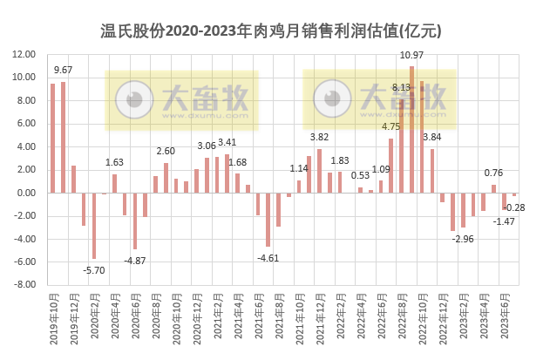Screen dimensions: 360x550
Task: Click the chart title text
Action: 275,32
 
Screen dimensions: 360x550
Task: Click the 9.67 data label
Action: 64,70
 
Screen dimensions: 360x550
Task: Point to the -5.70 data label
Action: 93,270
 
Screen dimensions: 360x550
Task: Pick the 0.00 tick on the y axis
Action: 26,193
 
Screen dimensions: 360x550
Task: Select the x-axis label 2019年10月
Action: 53,319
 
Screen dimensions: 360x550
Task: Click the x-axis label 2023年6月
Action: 505,317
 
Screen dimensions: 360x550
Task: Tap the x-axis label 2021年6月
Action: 258,317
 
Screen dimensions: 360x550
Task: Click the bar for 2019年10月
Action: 52,138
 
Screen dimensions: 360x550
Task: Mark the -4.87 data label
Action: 134,261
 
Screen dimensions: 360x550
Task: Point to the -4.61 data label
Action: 268,257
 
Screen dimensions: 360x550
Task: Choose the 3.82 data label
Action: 320,137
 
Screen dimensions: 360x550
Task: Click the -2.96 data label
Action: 464,238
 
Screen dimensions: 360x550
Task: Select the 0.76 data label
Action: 493,173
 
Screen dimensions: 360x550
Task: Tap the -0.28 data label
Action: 515,207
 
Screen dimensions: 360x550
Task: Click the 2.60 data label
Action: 166,152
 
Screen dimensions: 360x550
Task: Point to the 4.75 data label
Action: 390,127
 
